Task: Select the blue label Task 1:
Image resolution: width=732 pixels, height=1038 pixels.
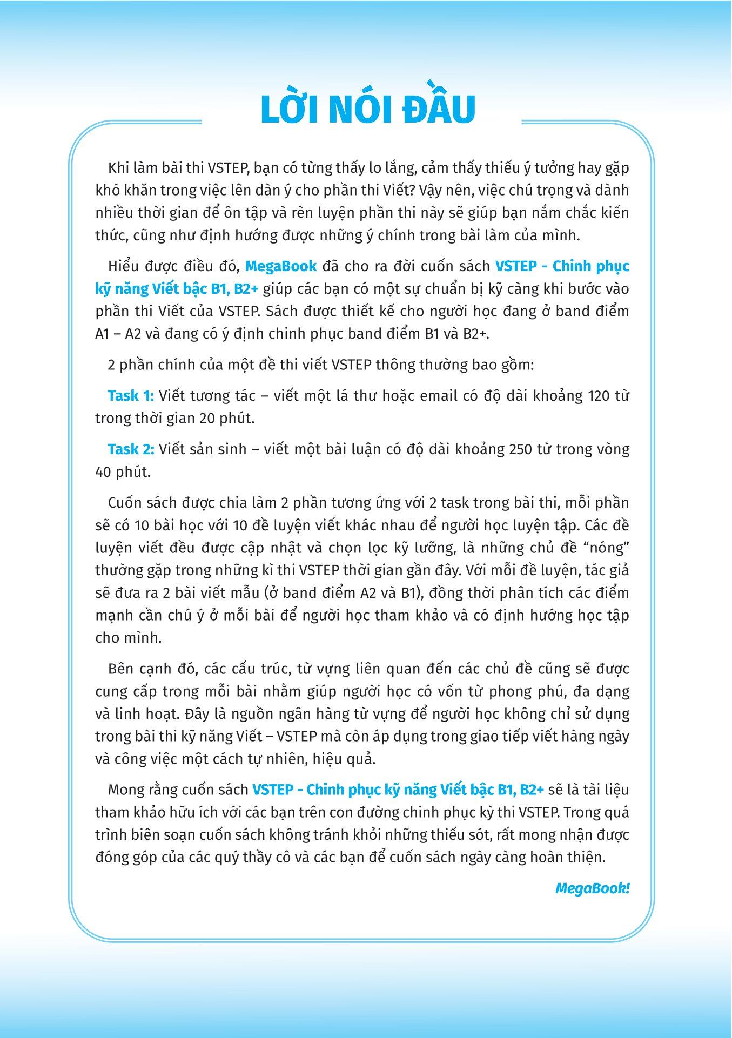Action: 131,396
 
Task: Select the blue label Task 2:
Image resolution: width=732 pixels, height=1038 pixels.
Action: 131,449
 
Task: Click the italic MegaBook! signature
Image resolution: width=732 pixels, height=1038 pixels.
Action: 592,888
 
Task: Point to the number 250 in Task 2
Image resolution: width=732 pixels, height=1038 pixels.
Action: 522,449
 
